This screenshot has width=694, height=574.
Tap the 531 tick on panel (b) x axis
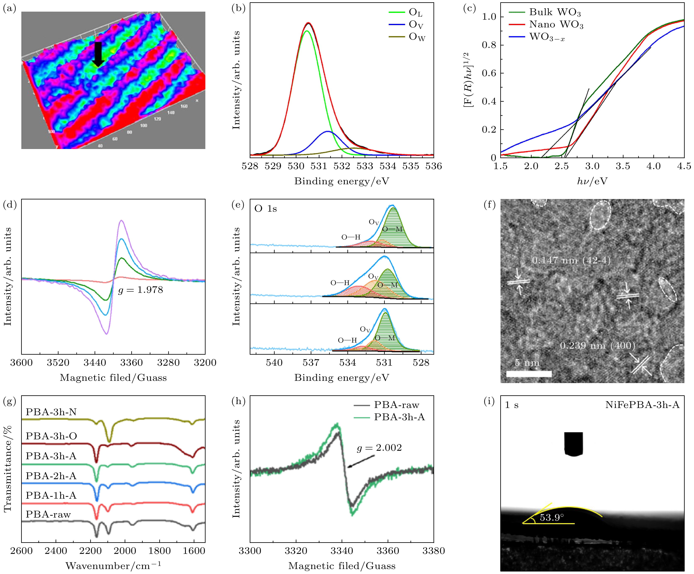(x=319, y=166)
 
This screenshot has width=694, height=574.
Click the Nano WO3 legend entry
(x=556, y=25)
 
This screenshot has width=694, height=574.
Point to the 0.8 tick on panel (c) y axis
(x=489, y=45)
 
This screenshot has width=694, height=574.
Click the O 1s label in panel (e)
(x=266, y=209)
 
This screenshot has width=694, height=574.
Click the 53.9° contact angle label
(x=552, y=518)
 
